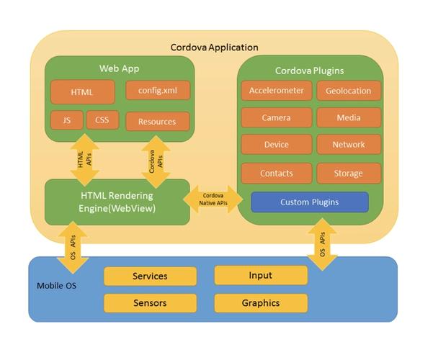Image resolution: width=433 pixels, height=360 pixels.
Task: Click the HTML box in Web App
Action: pyautogui.click(x=82, y=92)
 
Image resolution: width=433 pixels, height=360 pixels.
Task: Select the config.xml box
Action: pyautogui.click(x=158, y=91)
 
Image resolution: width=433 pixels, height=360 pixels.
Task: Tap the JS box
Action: pyautogui.click(x=67, y=120)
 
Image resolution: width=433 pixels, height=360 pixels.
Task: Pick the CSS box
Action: pyautogui.click(x=102, y=120)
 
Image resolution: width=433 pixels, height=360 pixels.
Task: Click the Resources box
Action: pyautogui.click(x=157, y=122)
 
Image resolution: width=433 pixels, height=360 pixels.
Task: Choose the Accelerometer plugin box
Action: pyautogui.click(x=277, y=91)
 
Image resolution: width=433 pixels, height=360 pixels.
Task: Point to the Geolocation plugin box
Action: pyautogui.click(x=349, y=91)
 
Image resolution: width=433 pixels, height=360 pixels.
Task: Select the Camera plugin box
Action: pyautogui.click(x=277, y=117)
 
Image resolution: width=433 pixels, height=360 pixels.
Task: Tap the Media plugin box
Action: pyautogui.click(x=349, y=117)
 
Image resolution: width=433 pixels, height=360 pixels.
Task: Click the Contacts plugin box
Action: pyautogui.click(x=277, y=174)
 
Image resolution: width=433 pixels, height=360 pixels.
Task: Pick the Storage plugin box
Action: pyautogui.click(x=349, y=174)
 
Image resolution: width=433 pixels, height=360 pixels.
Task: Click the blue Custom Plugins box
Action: pyautogui.click(x=309, y=202)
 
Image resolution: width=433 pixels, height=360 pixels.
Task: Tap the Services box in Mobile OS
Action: pyautogui.click(x=150, y=276)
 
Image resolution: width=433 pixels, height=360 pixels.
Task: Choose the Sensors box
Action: pyautogui.click(x=150, y=303)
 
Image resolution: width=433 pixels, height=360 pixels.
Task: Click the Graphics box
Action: pyautogui.click(x=261, y=303)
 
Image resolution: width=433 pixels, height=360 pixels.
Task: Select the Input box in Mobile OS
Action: pyautogui.click(x=261, y=276)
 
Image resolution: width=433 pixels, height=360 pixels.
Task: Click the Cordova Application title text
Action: pyautogui.click(x=214, y=48)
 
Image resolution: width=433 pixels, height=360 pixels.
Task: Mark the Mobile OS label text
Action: pyautogui.click(x=56, y=286)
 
